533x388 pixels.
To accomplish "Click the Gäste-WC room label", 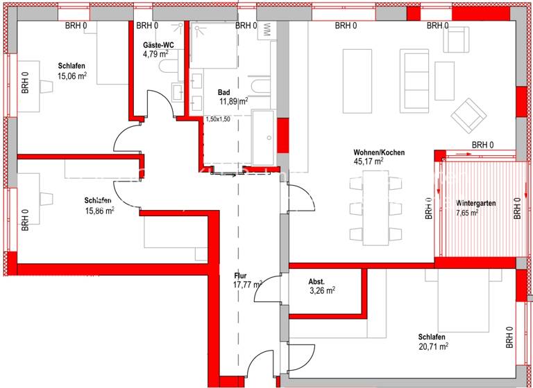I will click(158, 44).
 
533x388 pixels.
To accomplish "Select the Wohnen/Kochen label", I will click(379, 152).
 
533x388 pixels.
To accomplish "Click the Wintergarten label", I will click(475, 204).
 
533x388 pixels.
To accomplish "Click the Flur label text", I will click(241, 275).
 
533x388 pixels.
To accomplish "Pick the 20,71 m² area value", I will click(433, 346).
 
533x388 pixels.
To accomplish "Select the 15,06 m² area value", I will click(72, 76).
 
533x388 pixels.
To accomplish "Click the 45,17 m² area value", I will click(369, 161).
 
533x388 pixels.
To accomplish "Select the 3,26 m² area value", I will click(321, 291).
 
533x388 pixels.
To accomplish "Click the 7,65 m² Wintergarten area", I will click(467, 213).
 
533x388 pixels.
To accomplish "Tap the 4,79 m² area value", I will click(155, 53).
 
